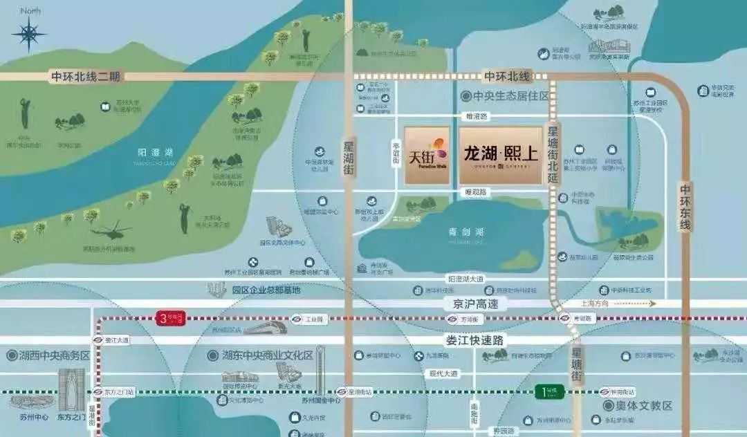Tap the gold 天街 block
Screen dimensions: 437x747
[x=427, y=155]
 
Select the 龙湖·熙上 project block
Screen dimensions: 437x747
[x=500, y=155]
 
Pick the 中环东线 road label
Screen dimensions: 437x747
[x=685, y=207]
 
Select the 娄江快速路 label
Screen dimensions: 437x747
[x=475, y=340]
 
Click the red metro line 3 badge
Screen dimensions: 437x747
[x=172, y=318]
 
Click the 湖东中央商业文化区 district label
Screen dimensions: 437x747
[x=261, y=355]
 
